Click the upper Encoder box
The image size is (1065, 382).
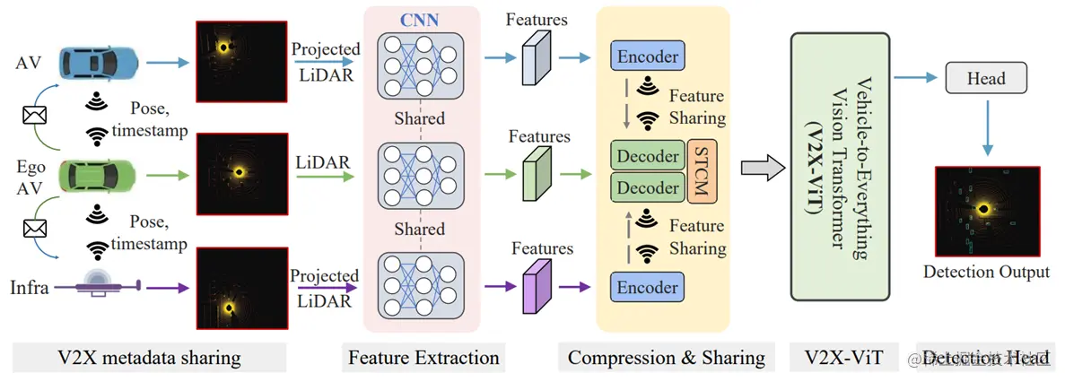646,57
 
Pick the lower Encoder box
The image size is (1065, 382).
646,288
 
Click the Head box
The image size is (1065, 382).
986,80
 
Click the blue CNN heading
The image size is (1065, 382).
420,20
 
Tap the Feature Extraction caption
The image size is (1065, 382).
423,358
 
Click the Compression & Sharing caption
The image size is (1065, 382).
666,358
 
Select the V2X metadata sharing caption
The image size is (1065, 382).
143,358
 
